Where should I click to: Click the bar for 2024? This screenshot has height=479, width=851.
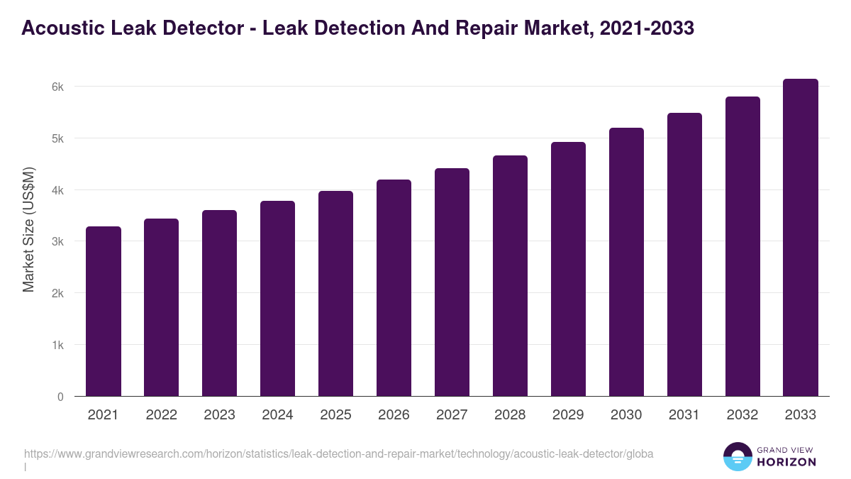click(278, 298)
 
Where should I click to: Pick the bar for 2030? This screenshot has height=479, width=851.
click(626, 262)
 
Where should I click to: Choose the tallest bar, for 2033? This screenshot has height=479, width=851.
click(801, 237)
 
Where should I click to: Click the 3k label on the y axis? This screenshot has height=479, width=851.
click(57, 241)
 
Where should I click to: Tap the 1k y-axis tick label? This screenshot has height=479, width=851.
click(57, 345)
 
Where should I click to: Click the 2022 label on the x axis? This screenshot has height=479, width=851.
click(162, 415)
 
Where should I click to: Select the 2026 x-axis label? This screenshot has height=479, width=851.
click(394, 415)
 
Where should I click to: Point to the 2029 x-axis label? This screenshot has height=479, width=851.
click(568, 415)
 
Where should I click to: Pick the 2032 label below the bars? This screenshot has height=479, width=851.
click(742, 415)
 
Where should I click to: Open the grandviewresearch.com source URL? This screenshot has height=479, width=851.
click(338, 453)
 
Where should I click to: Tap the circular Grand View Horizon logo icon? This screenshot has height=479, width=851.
click(737, 457)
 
